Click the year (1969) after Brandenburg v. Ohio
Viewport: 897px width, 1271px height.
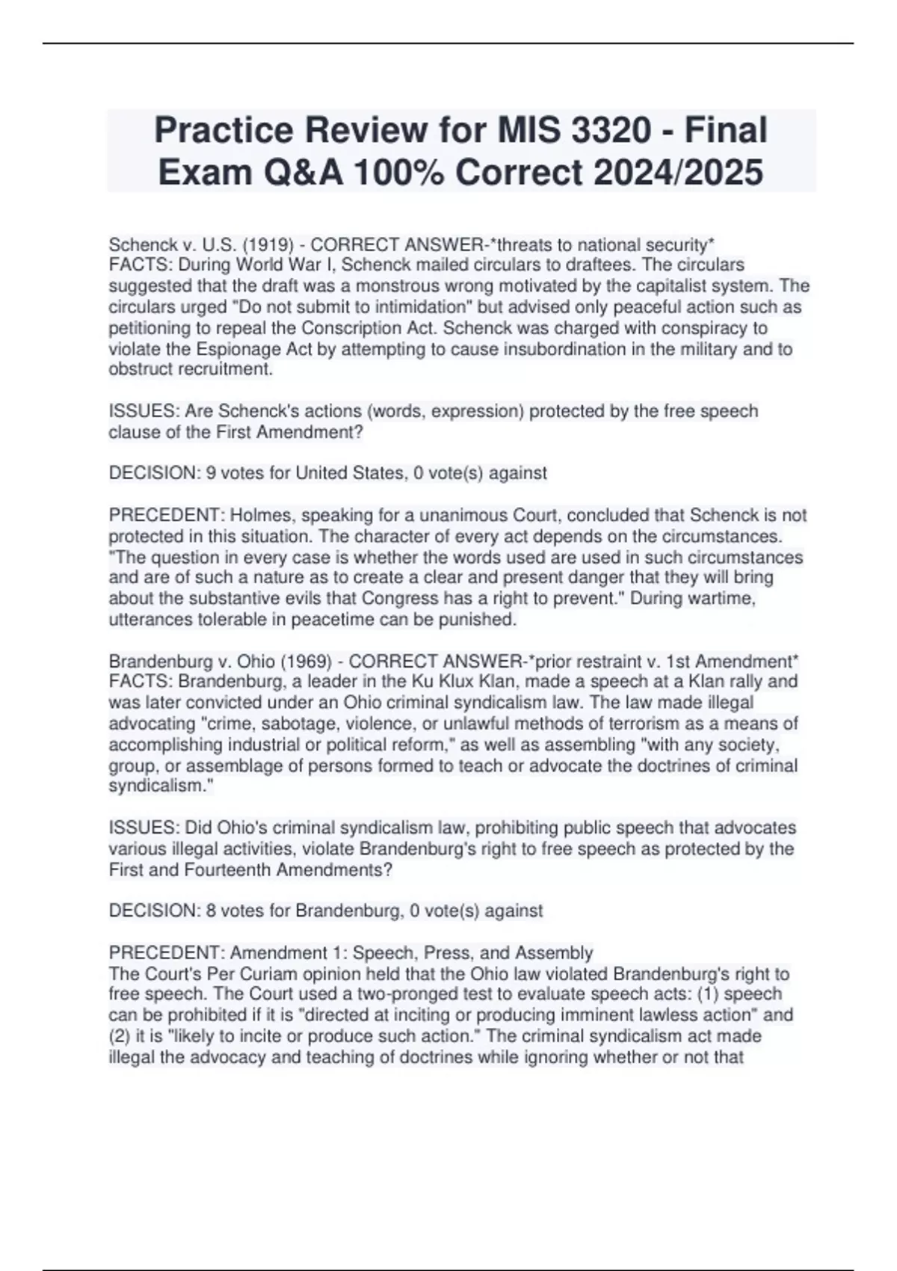click(x=307, y=662)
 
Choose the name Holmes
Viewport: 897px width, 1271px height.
click(x=255, y=516)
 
